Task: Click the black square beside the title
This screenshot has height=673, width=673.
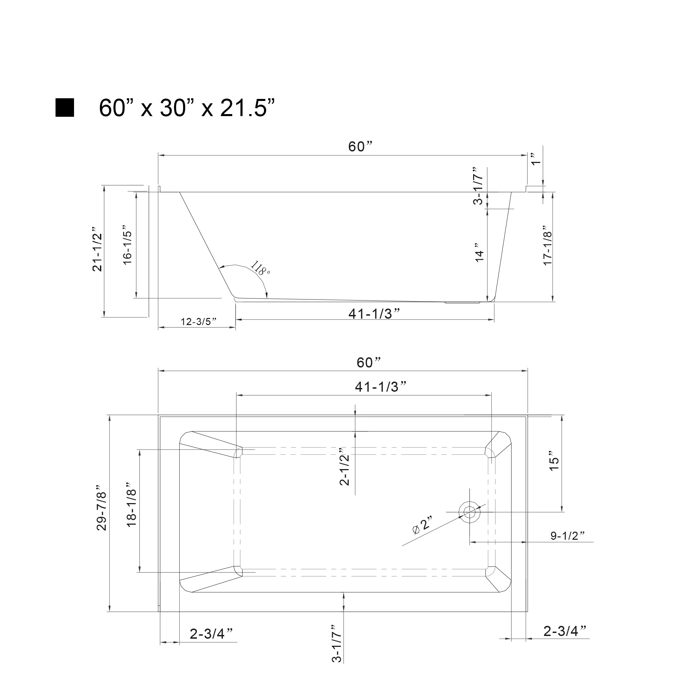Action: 65,108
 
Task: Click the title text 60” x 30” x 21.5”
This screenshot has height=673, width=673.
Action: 187,108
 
